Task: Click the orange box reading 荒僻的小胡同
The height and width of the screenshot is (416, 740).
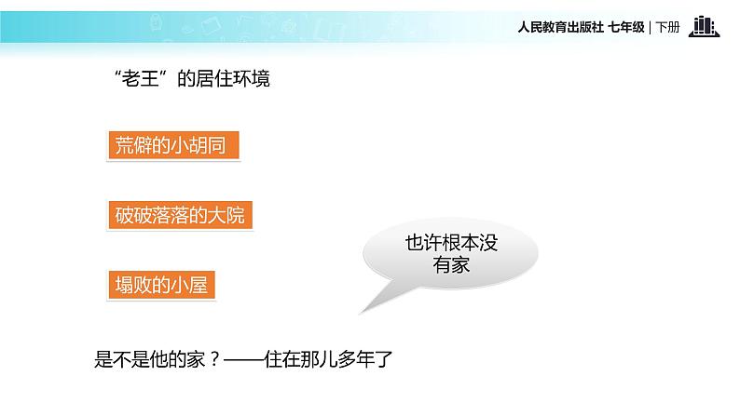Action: point(173,146)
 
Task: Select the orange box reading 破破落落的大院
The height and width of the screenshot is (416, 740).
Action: point(180,216)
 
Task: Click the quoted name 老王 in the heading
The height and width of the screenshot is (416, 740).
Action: point(141,80)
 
